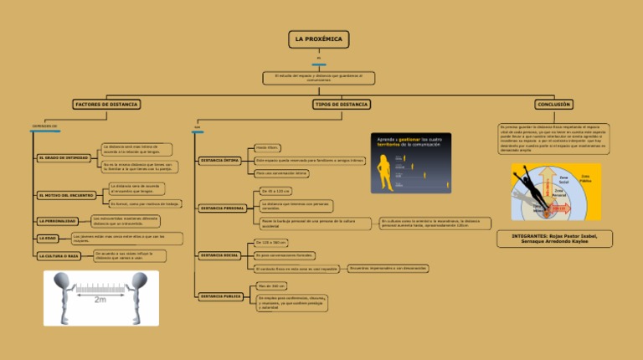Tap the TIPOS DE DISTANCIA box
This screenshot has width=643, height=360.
pyautogui.click(x=341, y=105)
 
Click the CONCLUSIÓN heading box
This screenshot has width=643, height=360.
pyautogui.click(x=554, y=105)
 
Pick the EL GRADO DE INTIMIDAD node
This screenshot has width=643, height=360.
pyautogui.click(x=64, y=157)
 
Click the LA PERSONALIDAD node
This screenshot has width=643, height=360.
pyautogui.click(x=59, y=221)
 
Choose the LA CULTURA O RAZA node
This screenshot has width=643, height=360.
pyautogui.click(x=59, y=256)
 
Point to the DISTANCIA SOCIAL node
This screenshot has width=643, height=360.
pyautogui.click(x=220, y=255)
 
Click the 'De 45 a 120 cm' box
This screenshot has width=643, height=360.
pyautogui.click(x=276, y=191)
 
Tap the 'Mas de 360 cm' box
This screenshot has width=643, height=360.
pyautogui.click(x=272, y=286)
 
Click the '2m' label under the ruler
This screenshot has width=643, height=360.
pyautogui.click(x=100, y=299)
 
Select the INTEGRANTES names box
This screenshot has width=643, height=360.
pyautogui.click(x=554, y=239)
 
